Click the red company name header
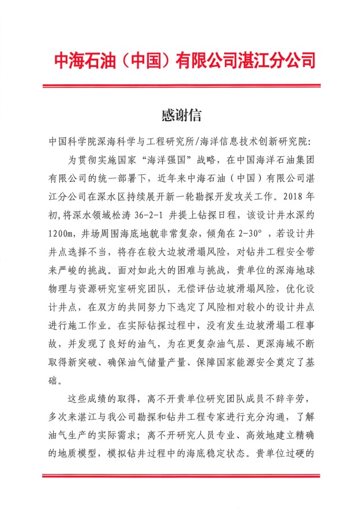180,61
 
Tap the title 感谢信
180,115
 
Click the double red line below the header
180,87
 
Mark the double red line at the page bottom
180,476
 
